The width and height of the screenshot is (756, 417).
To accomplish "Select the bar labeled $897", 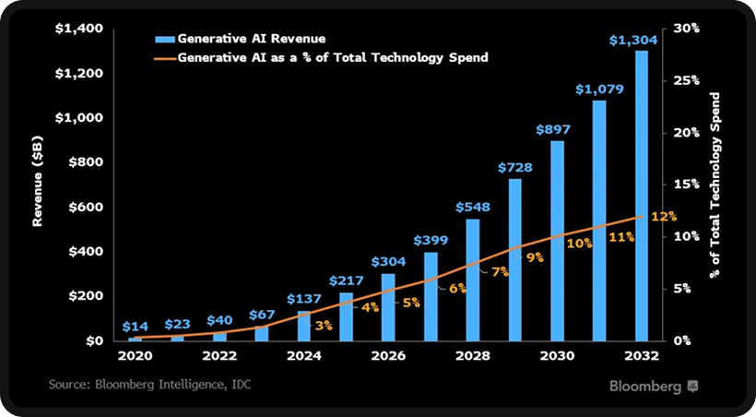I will (x=557, y=241).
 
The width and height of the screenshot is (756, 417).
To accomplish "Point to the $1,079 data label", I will (x=599, y=89).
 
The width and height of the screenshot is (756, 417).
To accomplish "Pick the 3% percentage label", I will (x=323, y=325).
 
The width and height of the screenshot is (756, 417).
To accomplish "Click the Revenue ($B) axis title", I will (x=38, y=185).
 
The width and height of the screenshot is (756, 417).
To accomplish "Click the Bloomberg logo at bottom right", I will (x=653, y=386).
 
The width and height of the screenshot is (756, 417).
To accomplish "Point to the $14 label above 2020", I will (x=135, y=327).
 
